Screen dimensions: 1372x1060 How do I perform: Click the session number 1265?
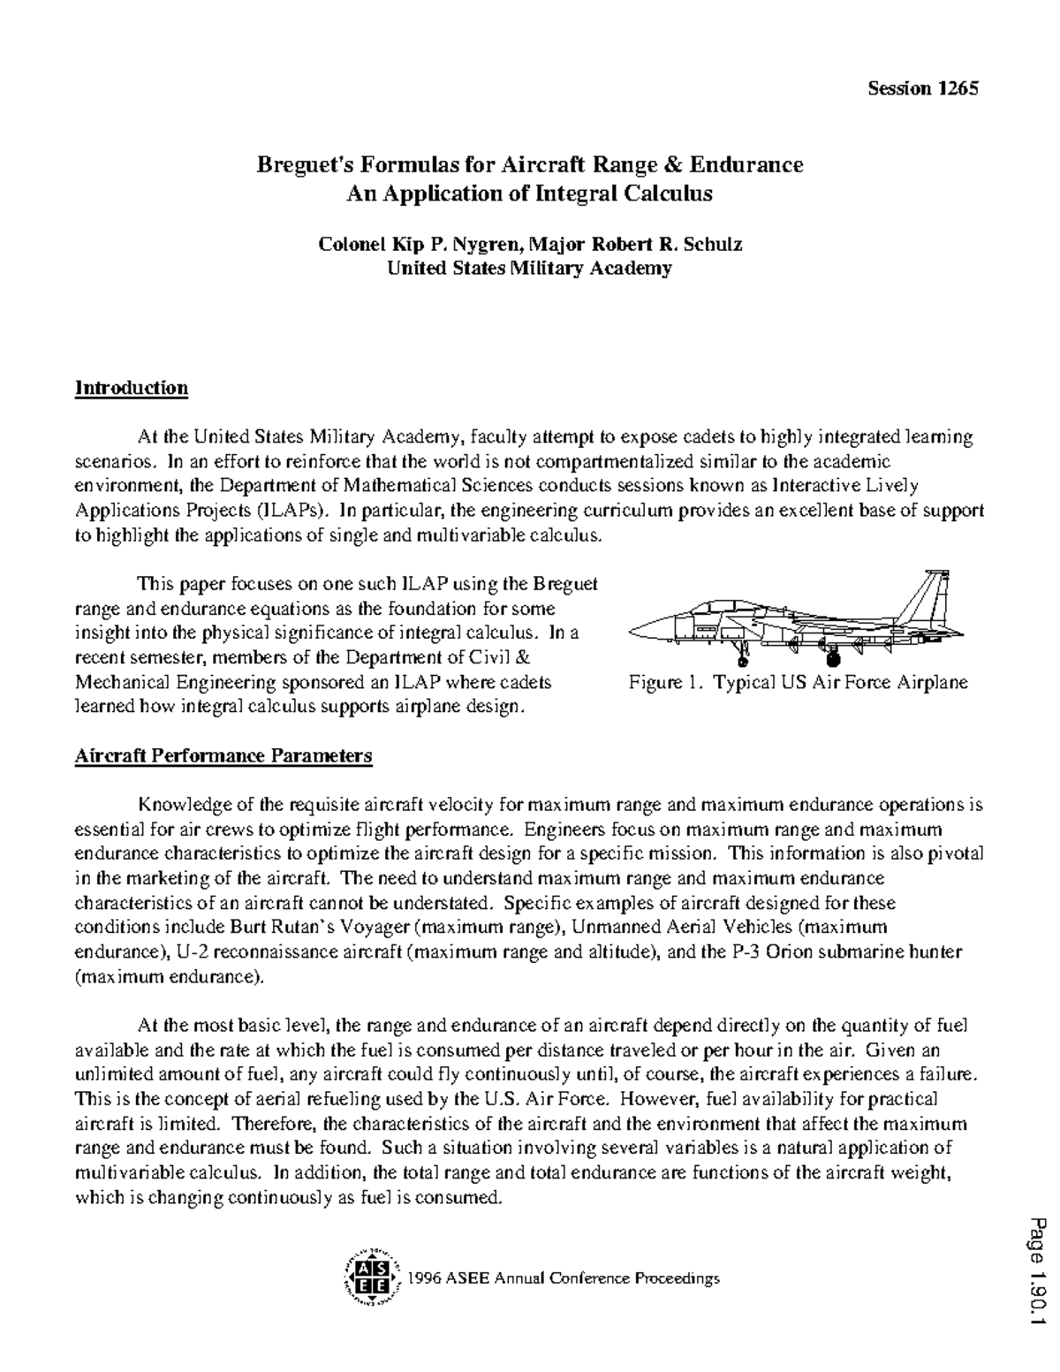pos(958,88)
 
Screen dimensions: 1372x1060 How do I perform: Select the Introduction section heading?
pos(132,388)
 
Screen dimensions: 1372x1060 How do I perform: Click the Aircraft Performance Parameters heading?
pos(223,756)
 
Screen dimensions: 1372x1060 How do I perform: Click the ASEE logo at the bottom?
pos(370,1278)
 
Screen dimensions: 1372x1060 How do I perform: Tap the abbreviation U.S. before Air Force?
pos(500,1099)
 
